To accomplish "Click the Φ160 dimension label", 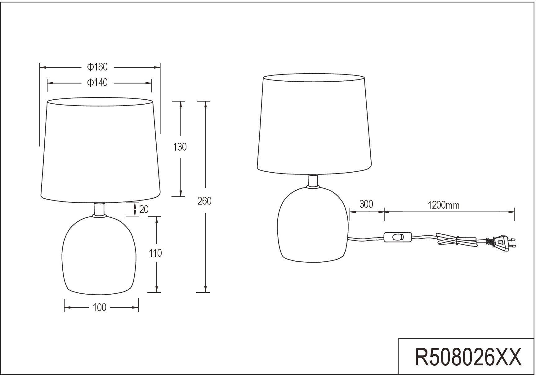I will click(97, 67).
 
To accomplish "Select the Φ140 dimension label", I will click(97, 83).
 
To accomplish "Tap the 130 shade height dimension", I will click(180, 147).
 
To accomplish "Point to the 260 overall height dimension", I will click(205, 201).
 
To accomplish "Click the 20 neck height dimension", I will click(144, 210).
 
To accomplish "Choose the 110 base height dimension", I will click(155, 253).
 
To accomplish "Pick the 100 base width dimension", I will click(100, 307).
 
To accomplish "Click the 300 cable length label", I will click(366, 204).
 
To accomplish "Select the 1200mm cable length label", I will click(444, 205).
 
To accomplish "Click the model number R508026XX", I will click(468, 357).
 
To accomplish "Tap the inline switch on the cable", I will click(398, 237).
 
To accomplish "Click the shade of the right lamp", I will click(313, 124).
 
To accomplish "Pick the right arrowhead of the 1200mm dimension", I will click(512, 212).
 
